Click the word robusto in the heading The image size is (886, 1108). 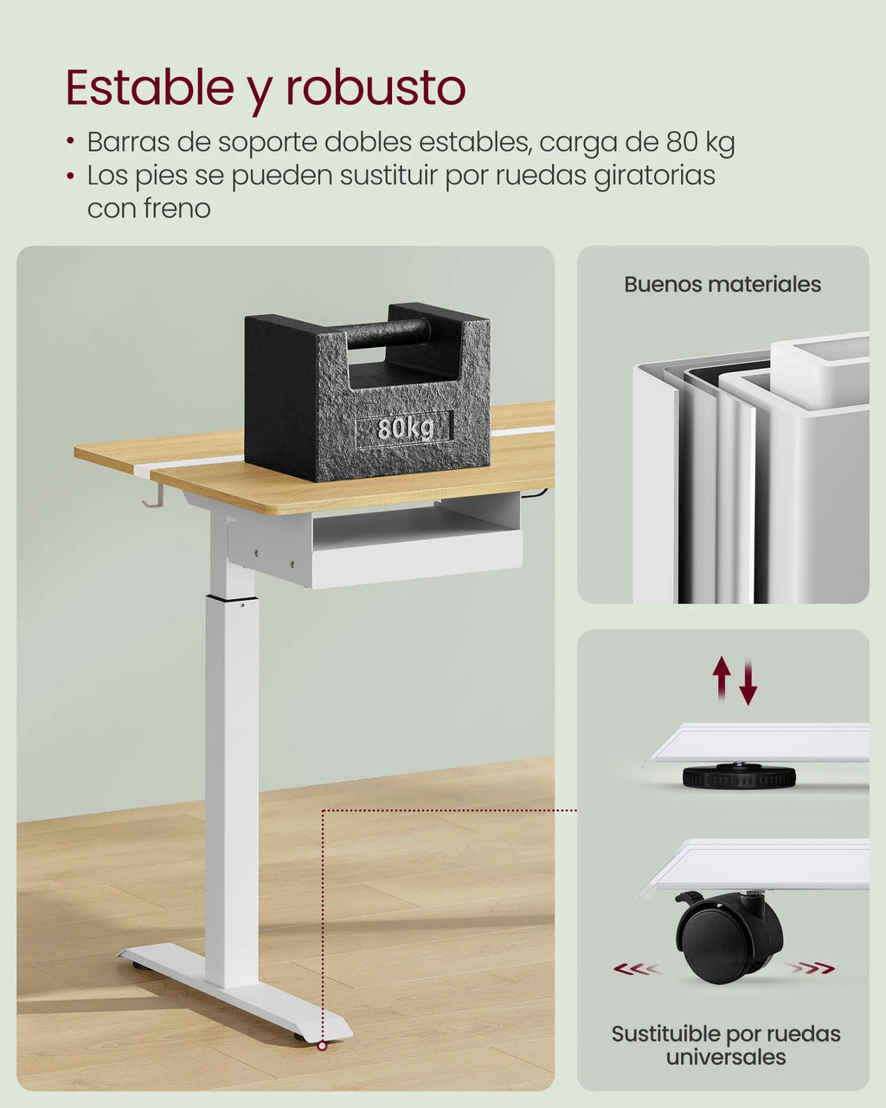coord(376,88)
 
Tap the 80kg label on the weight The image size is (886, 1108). coord(404,428)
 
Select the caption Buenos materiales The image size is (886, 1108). coord(722,285)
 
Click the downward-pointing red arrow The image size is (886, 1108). coord(748,683)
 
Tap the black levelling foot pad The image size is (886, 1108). coord(739,776)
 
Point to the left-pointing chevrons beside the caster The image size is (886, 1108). coord(637,969)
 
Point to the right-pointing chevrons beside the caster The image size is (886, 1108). coord(812,968)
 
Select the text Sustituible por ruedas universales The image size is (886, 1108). coord(726,1045)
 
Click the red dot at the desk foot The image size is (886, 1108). coord(322,1046)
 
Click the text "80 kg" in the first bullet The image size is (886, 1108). coord(700,142)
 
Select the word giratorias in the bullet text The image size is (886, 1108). coord(654,176)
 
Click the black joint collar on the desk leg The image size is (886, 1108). coord(232,598)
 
